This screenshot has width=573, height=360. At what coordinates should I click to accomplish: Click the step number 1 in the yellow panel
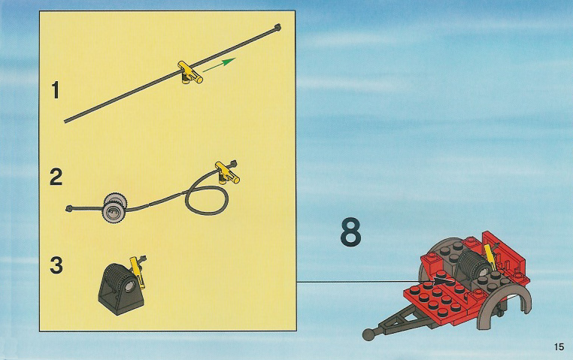55,90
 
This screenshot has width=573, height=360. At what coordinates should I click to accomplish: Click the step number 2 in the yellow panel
56,177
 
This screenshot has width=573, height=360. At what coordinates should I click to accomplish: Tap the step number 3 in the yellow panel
56,265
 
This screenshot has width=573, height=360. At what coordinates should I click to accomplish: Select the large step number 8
350,231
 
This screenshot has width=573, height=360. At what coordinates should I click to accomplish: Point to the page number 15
559,346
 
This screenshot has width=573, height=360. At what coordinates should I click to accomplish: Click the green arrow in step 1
219,65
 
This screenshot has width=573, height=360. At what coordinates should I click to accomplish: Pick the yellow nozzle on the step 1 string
189,72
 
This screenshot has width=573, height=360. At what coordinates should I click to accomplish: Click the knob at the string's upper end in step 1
277,27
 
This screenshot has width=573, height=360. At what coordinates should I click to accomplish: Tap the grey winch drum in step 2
115,207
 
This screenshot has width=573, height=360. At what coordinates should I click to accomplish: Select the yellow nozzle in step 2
227,172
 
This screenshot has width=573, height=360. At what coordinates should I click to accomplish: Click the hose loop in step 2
207,200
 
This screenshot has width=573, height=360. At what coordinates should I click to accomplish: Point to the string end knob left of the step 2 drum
69,209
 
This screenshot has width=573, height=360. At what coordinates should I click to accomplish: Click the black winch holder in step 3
121,289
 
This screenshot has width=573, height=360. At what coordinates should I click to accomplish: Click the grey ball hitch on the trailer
368,334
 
